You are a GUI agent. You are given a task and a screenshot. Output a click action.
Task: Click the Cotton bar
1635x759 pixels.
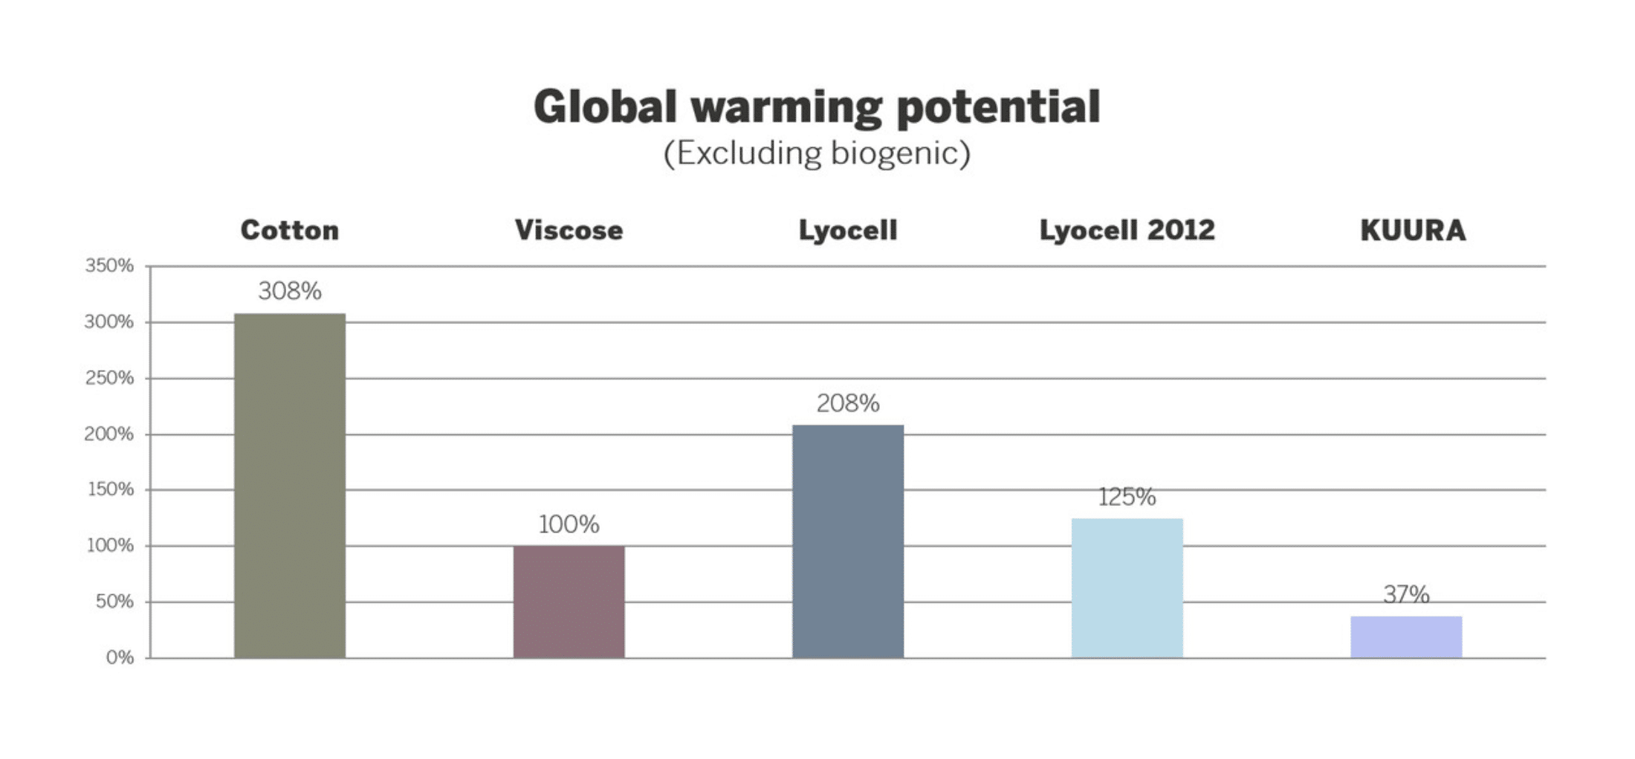290,486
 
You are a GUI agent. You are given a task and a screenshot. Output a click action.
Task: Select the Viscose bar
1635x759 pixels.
569,602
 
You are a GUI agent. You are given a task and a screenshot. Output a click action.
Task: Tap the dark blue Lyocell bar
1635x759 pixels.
848,541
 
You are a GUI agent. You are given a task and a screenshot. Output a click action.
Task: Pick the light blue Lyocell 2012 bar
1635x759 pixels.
1127,587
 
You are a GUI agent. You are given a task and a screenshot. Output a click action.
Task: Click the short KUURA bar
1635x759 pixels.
1406,637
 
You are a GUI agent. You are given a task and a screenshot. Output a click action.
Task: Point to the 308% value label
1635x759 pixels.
290,291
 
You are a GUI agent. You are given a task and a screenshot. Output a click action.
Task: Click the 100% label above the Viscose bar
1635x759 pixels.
569,524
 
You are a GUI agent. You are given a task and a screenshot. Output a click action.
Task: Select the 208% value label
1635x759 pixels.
848,403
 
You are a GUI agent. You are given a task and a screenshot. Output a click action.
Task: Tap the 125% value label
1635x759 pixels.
1127,497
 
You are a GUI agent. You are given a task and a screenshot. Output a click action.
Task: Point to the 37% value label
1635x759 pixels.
1406,594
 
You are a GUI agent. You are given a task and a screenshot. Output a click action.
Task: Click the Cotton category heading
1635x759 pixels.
290,230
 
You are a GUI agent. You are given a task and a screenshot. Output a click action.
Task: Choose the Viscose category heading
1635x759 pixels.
569,230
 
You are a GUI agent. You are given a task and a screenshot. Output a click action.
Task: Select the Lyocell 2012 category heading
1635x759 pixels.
1127,230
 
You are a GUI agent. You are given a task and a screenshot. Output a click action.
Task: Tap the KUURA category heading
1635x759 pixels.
1413,230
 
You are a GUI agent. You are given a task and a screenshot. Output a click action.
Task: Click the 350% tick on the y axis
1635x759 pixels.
109,266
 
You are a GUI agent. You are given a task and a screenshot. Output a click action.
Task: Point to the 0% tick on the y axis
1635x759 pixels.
120,658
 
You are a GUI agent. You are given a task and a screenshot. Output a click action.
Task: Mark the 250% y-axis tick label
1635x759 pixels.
109,378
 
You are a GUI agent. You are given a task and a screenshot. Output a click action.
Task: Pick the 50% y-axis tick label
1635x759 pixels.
114,602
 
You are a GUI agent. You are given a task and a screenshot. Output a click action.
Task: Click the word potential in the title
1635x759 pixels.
998,108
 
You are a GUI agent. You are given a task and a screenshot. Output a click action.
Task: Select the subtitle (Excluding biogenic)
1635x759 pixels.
817,153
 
